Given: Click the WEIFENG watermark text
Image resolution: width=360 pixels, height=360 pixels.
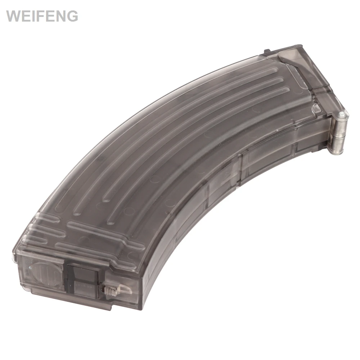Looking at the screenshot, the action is [x=42, y=16].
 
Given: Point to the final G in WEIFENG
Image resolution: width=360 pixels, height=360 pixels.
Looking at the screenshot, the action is [x=72, y=16].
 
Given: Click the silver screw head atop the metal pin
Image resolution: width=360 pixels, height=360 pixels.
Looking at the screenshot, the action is [x=343, y=113].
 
